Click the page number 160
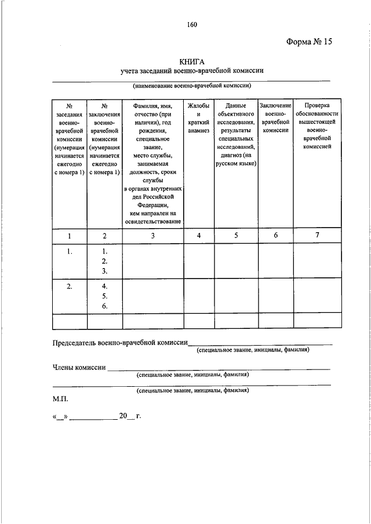pos(192,24)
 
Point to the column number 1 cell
pos(70,235)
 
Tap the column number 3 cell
pos(152,235)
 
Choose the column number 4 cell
pos(198,235)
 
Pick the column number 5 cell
pos(236,235)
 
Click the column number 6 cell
pos(275,235)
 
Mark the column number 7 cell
pos(317,235)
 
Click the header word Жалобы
pos(198,106)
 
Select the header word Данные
pos(236,106)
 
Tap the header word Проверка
pos(317,106)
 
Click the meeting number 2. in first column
pos(70,287)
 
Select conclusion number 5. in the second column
pos(105,296)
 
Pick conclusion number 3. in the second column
pos(105,270)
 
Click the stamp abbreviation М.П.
pos(60,399)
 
